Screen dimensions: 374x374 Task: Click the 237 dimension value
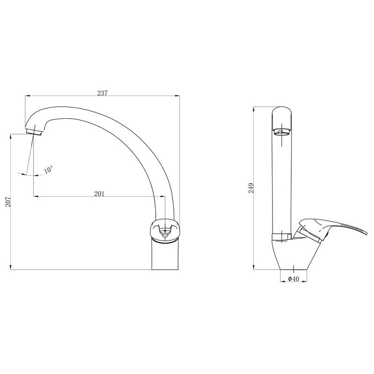coord(102,93)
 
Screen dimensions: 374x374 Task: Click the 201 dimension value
coord(99,194)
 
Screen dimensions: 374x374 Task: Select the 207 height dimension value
coord(8,202)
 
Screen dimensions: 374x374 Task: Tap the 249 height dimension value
coord(251,188)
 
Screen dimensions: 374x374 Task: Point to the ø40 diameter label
coord(294,278)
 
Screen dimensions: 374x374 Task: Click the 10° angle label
coord(49,169)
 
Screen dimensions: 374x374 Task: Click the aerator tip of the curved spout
coord(34,132)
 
